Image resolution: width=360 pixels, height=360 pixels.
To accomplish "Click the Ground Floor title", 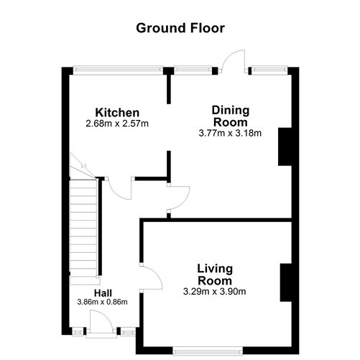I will (x=180, y=28).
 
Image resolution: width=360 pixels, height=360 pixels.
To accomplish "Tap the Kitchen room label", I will (x=117, y=113).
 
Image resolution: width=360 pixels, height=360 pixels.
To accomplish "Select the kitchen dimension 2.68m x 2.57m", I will (x=117, y=124).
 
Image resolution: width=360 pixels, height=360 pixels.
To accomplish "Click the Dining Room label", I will (x=230, y=116).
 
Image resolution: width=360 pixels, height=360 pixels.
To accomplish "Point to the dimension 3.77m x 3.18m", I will (x=230, y=132).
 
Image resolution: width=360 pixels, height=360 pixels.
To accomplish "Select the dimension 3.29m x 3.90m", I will (x=216, y=291).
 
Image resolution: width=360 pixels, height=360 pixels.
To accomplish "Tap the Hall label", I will (x=101, y=292).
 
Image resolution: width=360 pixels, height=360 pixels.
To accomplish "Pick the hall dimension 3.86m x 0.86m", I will (x=101, y=302).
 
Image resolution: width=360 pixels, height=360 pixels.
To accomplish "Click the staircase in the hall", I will (x=83, y=226).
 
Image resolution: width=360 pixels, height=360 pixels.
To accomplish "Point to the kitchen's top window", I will (x=117, y=70).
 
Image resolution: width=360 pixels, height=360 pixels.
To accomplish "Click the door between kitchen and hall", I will (x=120, y=188).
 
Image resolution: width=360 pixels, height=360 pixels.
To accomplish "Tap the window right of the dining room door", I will (x=264, y=70).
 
